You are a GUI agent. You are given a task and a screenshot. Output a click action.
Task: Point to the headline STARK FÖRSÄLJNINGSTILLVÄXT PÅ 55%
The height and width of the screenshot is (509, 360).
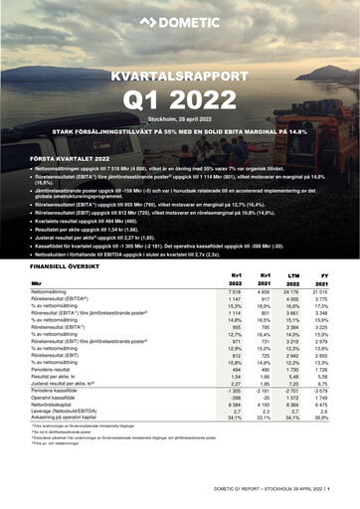coord(180,130)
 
